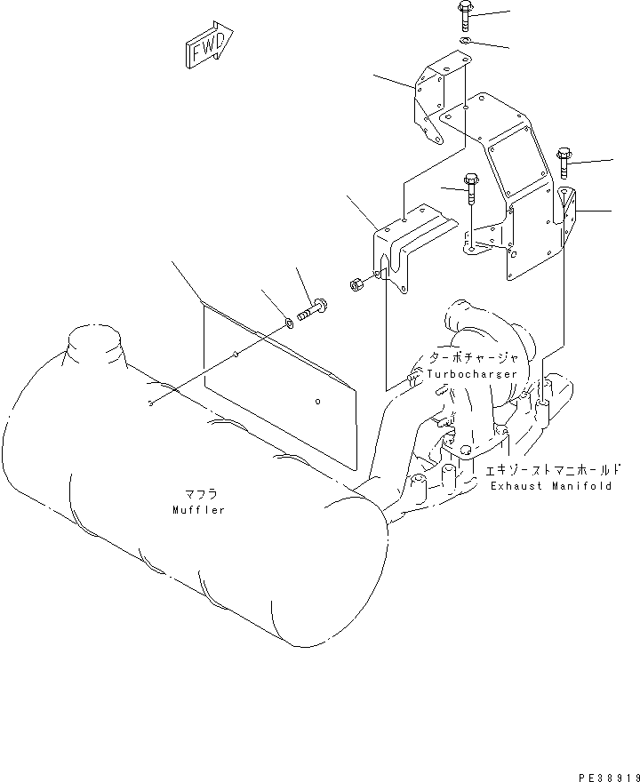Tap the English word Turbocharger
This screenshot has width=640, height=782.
(471, 374)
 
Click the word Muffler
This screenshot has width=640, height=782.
(199, 510)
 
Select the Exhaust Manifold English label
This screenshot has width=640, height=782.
(550, 486)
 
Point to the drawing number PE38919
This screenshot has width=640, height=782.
(602, 775)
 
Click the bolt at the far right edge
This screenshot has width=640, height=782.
(564, 161)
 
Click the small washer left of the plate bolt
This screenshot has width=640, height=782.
(289, 322)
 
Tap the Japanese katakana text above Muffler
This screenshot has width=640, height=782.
(199, 493)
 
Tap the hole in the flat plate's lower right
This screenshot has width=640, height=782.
(317, 401)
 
